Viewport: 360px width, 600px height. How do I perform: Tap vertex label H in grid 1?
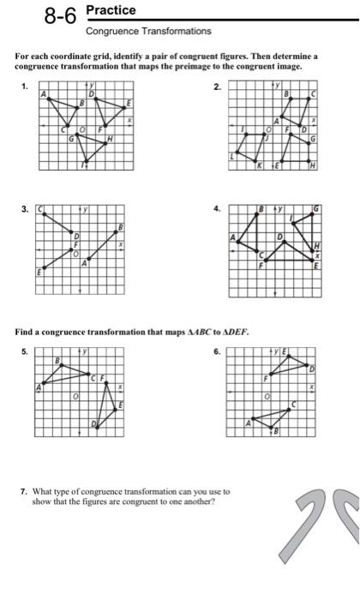click(x=110, y=141)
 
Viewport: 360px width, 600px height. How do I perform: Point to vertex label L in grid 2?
click(x=231, y=157)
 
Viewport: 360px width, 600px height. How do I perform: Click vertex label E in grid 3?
click(x=39, y=272)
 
